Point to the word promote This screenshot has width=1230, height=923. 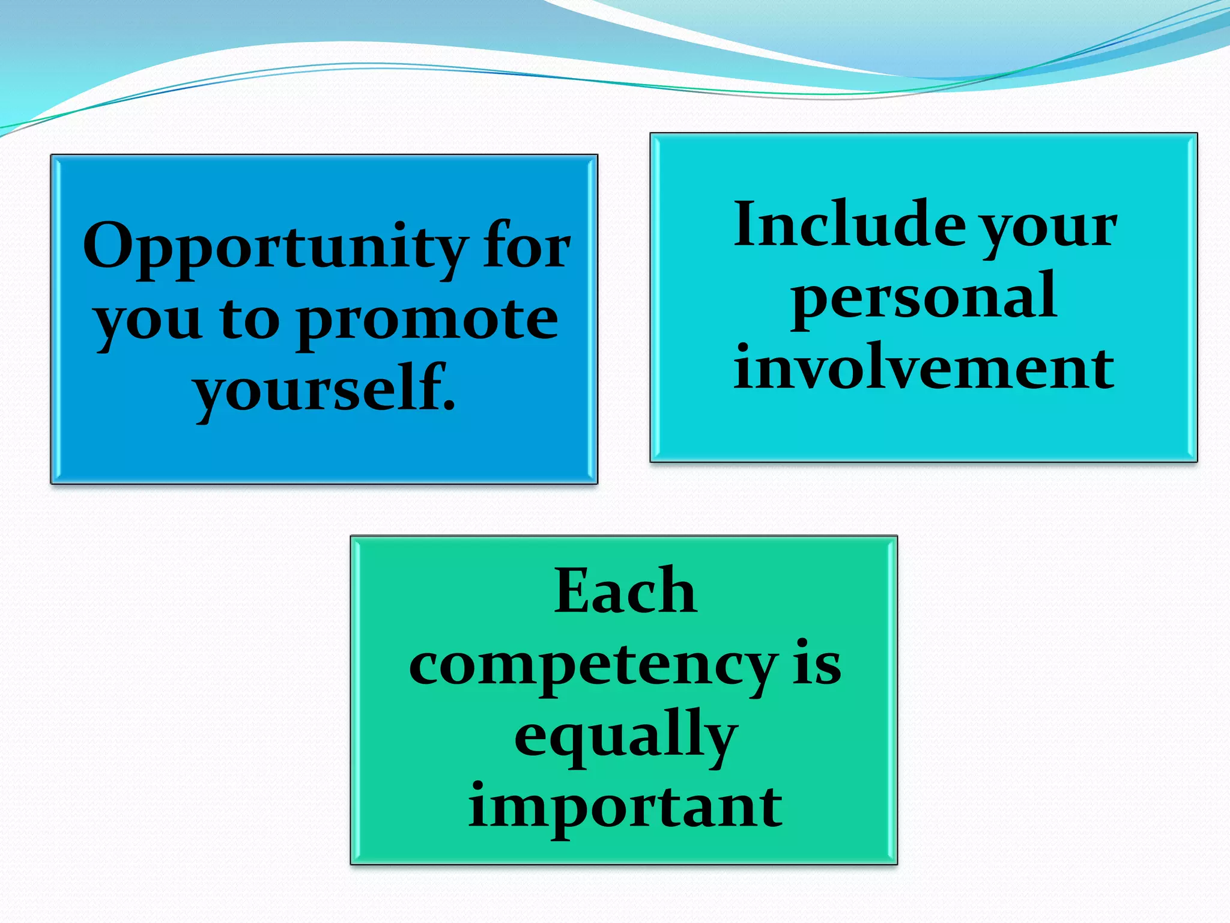tap(428, 321)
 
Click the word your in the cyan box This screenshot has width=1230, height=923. tap(1049, 228)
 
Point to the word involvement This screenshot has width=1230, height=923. tap(924, 367)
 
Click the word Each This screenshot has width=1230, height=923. tap(625, 591)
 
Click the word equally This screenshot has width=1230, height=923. tap(625, 737)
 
